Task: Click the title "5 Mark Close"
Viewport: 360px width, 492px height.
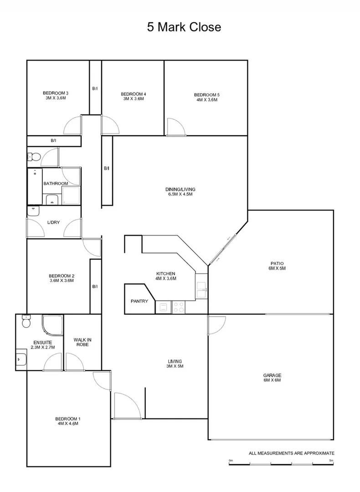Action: (184, 27)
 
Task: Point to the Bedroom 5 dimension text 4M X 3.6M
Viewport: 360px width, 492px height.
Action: (206, 99)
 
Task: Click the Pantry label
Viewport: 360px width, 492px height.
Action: (139, 301)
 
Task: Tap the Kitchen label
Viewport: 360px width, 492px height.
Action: (165, 273)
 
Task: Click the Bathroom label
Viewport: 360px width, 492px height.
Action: (56, 184)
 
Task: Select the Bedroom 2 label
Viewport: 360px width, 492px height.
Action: (62, 276)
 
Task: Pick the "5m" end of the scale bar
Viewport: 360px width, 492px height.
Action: (331, 461)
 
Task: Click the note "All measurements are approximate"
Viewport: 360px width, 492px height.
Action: (292, 453)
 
